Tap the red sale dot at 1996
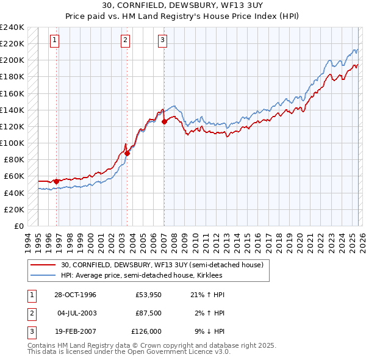point(57,181)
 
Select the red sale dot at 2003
point(127,153)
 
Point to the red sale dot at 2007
point(165,121)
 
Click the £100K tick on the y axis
point(12,143)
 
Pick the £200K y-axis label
point(12,60)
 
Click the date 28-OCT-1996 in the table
point(76,295)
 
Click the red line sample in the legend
point(43,265)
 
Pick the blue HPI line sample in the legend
point(43,276)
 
